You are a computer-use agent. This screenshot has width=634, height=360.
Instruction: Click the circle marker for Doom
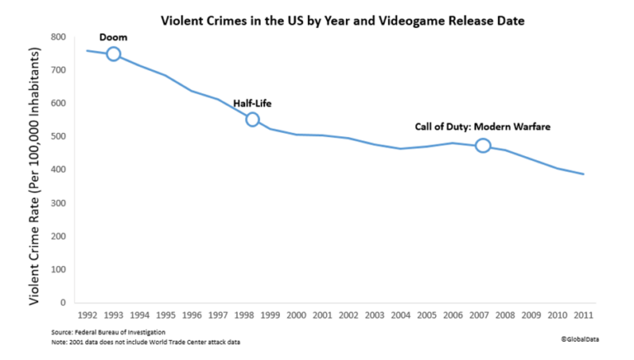click(114, 54)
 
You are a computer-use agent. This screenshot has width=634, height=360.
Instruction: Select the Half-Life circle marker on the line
click(253, 120)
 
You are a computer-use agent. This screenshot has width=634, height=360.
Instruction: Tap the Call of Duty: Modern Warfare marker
click(483, 145)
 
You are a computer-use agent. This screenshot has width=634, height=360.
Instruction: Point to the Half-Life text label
click(253, 103)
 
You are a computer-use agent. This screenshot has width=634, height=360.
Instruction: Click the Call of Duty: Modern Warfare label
click(482, 127)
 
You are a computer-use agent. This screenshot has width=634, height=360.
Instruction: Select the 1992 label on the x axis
click(87, 315)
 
